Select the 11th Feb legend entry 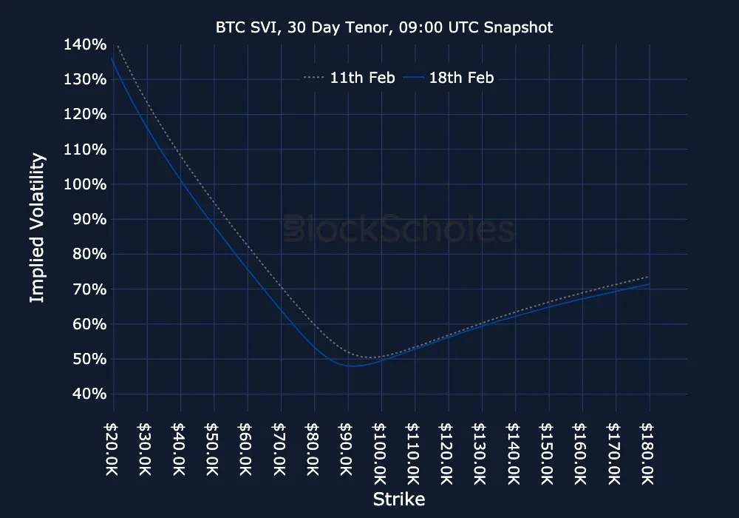coord(349,78)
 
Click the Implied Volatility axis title coord(38,227)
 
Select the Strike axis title coord(399,499)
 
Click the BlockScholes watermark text coord(399,229)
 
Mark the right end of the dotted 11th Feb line coord(649,277)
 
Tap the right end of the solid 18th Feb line coord(649,284)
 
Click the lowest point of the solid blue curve coord(353,366)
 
